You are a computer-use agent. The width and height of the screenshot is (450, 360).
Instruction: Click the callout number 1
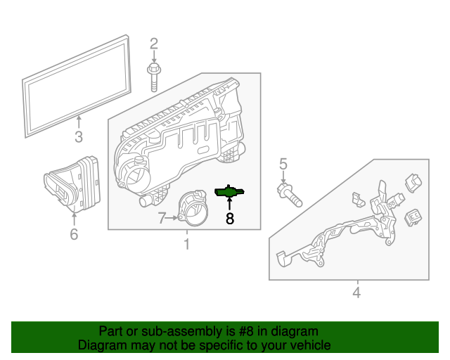click(186, 245)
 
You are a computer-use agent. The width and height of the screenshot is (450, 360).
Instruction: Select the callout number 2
click(154, 44)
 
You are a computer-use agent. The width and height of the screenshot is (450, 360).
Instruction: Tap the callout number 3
click(78, 136)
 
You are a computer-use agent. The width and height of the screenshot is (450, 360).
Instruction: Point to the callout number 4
click(356, 292)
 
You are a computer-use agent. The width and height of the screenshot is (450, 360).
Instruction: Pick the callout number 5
click(283, 165)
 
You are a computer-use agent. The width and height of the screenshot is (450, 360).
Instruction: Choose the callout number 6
click(74, 234)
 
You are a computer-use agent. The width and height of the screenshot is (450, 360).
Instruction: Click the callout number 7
click(162, 219)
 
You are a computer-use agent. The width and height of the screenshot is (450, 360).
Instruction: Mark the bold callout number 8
click(229, 219)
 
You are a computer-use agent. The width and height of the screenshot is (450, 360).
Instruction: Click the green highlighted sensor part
click(229, 191)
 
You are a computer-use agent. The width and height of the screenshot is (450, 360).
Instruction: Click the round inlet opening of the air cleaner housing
click(136, 172)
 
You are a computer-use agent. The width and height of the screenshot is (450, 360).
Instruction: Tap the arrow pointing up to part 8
click(229, 205)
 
